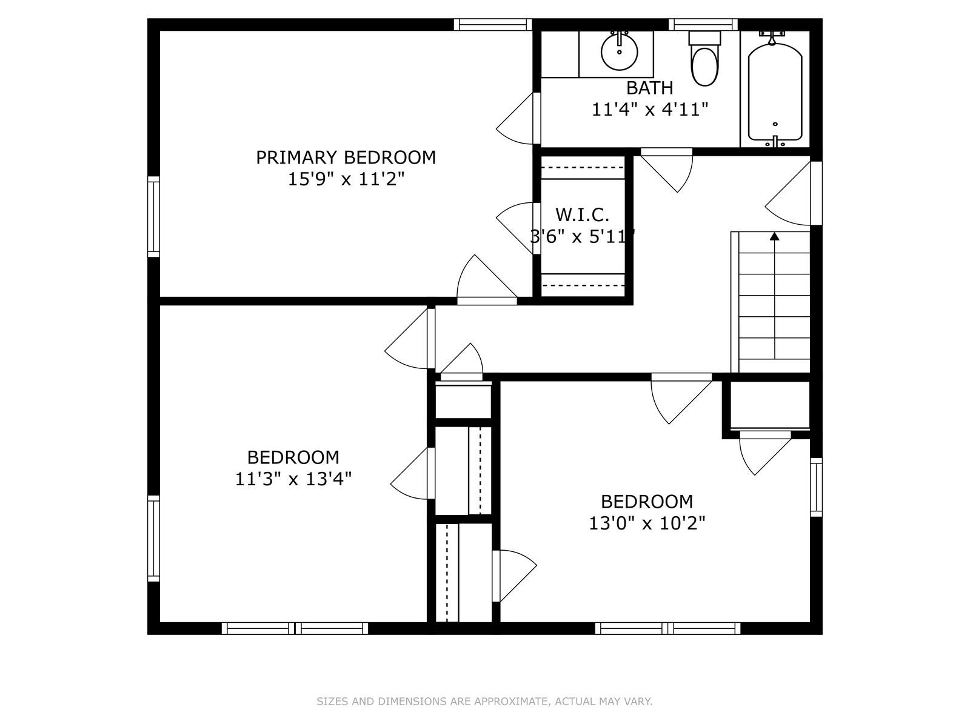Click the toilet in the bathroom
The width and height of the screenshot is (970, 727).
coord(704,59)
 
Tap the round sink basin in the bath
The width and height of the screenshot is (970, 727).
coord(619,52)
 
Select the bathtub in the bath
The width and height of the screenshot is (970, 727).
coord(775,92)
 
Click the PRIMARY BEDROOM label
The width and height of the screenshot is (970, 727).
coord(346,158)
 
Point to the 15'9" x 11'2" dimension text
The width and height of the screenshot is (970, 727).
coord(346,179)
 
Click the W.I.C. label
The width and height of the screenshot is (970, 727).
coord(583,215)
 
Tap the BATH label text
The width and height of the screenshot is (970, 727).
coord(650,88)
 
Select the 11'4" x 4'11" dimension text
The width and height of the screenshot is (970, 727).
coord(650,110)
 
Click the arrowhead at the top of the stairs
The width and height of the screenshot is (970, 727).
coord(774,237)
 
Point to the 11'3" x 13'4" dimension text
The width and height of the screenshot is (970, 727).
coord(293,479)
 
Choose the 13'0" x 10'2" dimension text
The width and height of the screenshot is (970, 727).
coord(647,523)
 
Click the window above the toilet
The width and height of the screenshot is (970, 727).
coord(703,25)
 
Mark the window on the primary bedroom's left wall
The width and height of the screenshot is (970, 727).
coord(153,216)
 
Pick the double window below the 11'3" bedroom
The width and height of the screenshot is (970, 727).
coord(295,628)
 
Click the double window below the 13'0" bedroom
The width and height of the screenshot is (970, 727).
coord(667,628)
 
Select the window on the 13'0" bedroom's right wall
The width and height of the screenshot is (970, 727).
coord(816,487)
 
